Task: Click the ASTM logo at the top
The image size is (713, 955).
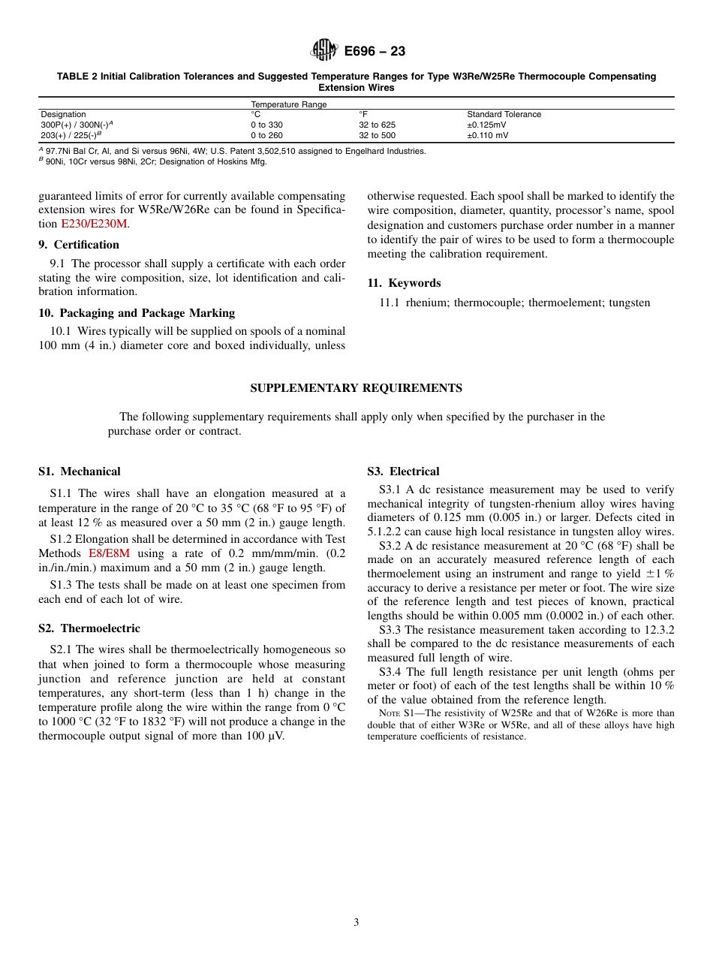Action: click(325, 51)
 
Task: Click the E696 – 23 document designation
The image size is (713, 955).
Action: click(375, 51)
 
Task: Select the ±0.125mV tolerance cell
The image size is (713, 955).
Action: click(486, 125)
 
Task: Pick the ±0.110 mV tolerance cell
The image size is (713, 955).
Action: click(488, 135)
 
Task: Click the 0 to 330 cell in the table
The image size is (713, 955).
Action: click(266, 125)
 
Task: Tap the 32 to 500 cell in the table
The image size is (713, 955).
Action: click(377, 135)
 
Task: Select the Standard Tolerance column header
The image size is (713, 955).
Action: click(504, 114)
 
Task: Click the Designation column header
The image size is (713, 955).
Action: click(63, 114)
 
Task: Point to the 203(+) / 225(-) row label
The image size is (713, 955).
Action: click(71, 135)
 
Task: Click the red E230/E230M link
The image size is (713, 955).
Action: click(95, 224)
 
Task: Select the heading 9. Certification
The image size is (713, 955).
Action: click(79, 245)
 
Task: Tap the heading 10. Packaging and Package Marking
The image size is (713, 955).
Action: click(137, 313)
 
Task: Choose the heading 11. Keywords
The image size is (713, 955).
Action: click(404, 283)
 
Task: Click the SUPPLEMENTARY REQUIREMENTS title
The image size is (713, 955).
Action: click(356, 388)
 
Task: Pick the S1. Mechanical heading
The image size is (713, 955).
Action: click(80, 471)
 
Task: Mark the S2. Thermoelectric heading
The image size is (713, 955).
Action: click(89, 628)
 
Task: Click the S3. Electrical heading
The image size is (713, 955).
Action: click(403, 471)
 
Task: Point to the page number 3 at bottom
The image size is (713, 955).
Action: click(356, 923)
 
